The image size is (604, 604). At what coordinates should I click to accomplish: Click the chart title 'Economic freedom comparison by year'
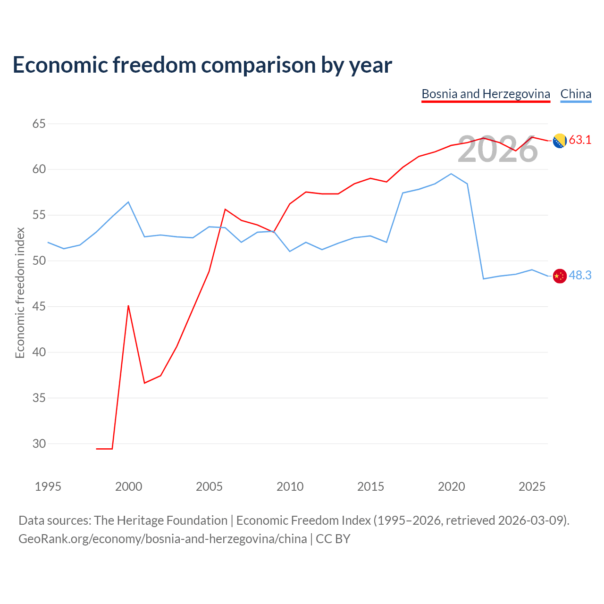click(x=202, y=65)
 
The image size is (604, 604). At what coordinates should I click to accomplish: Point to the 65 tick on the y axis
click(x=39, y=124)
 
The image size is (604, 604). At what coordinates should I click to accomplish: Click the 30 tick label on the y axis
click(x=39, y=444)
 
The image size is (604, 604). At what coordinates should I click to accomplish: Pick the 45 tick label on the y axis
click(x=39, y=306)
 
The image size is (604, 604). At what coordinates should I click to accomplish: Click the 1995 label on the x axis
click(x=48, y=487)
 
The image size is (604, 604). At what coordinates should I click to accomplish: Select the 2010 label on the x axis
click(x=290, y=487)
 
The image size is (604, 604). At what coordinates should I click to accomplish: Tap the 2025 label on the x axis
click(x=532, y=487)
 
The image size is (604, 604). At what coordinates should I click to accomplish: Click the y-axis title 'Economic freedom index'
click(x=20, y=293)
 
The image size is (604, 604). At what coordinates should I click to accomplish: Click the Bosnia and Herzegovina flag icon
click(x=560, y=141)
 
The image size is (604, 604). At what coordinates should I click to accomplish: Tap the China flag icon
click(x=560, y=276)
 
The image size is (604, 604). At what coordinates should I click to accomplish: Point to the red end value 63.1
click(x=580, y=140)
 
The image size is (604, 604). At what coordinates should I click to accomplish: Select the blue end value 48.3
click(x=580, y=275)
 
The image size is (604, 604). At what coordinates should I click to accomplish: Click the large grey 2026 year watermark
click(x=498, y=149)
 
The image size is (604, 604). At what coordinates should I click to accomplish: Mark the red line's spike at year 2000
click(x=128, y=306)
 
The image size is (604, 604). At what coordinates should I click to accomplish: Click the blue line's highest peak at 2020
click(x=451, y=174)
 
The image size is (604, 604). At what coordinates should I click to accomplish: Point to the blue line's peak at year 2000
click(x=128, y=202)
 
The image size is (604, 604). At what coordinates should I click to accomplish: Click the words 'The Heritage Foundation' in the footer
click(x=161, y=520)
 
